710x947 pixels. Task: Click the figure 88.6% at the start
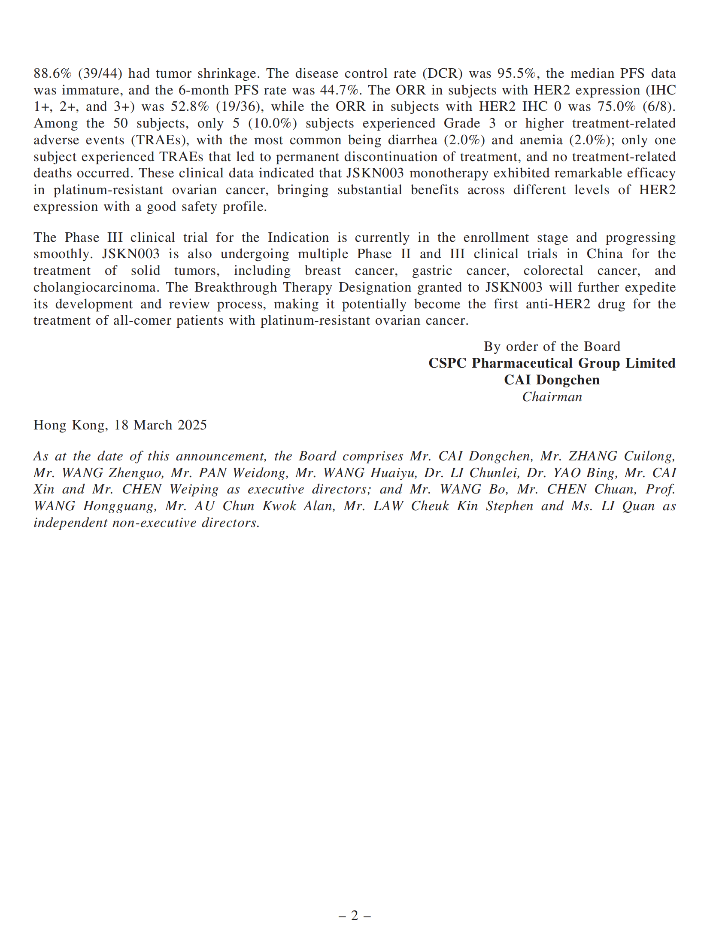pos(52,73)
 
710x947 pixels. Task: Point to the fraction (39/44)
pos(100,73)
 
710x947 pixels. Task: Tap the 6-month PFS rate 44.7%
pos(339,90)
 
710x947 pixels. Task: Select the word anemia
pos(540,140)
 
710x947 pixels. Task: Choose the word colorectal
pos(553,271)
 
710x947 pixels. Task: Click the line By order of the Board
pos(552,347)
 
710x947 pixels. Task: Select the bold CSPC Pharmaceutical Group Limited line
pos(552,363)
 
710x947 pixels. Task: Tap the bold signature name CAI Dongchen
pos(552,380)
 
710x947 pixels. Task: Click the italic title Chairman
pos(552,397)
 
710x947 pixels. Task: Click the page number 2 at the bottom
pos(355,916)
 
